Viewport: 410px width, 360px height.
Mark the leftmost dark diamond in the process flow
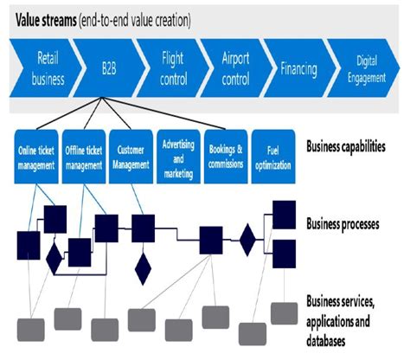pyautogui.click(x=54, y=256)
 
